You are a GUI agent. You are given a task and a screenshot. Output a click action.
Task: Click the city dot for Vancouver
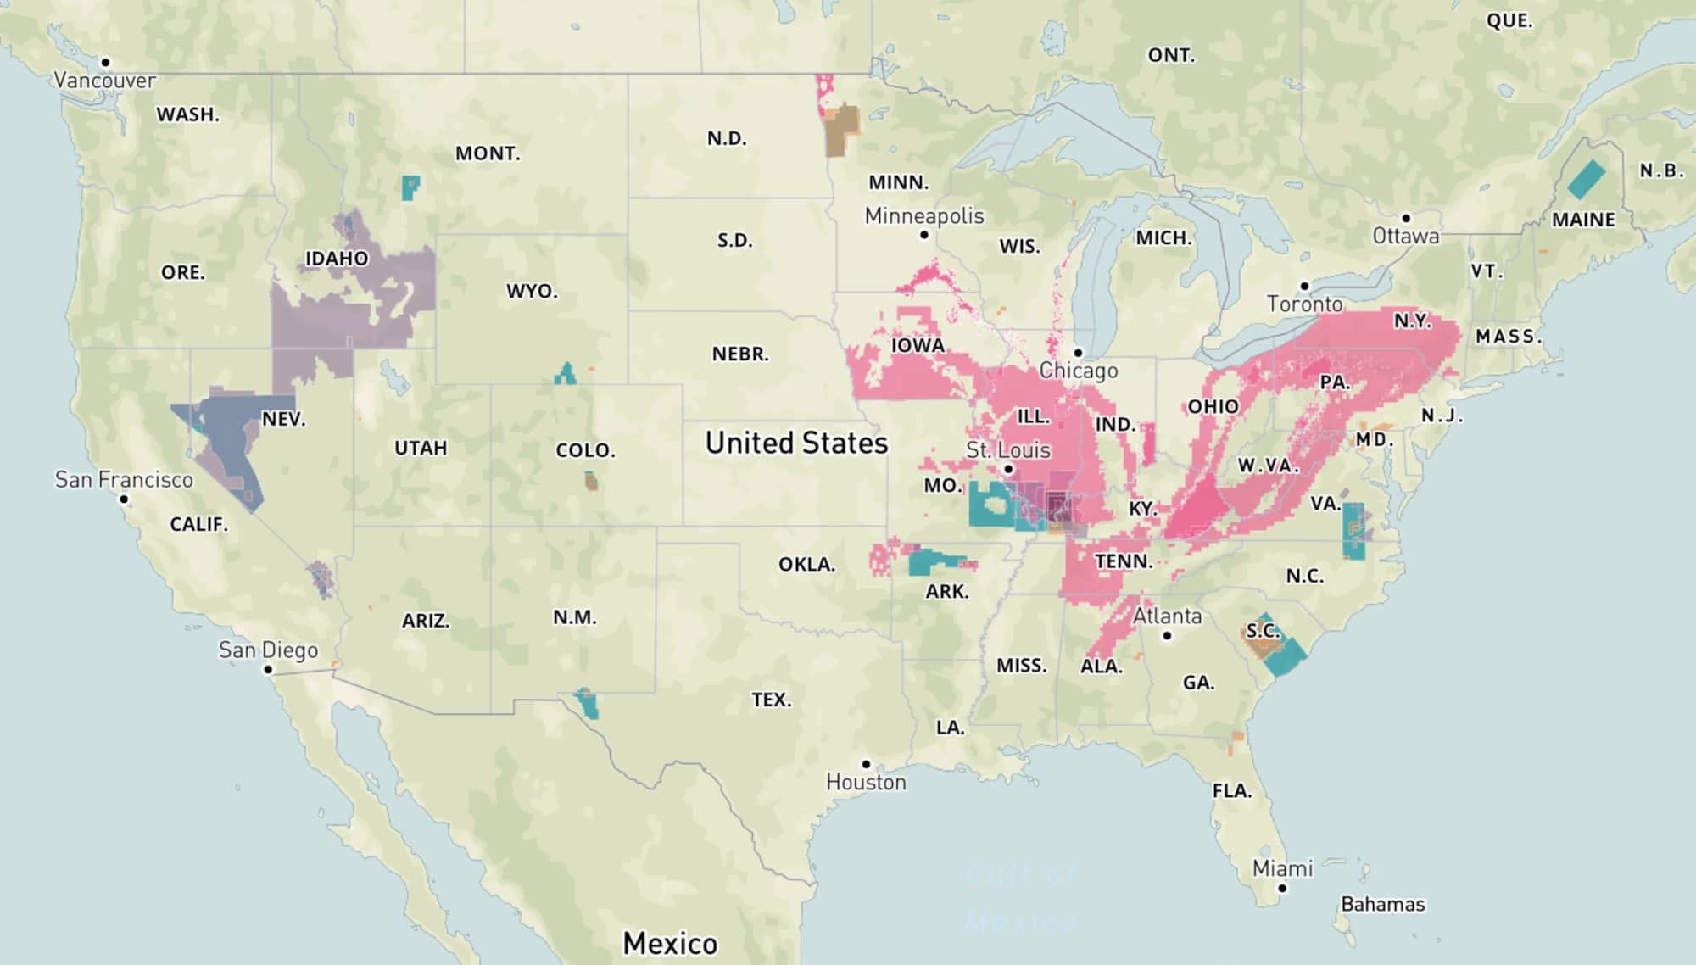(105, 62)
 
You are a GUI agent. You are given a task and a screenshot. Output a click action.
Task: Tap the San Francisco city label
(124, 480)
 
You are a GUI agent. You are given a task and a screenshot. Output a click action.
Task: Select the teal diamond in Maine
(1586, 180)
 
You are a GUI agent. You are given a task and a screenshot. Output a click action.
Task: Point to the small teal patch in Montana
(410, 187)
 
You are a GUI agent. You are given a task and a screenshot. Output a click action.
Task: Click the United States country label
(796, 443)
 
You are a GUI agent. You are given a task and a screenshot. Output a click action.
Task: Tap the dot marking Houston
(866, 764)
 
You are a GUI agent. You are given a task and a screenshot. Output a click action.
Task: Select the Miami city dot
(1282, 889)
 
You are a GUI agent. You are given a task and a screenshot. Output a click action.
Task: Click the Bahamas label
(1382, 904)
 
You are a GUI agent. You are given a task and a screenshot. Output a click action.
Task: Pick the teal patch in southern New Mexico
(588, 704)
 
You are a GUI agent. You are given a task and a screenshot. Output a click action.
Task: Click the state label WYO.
(532, 291)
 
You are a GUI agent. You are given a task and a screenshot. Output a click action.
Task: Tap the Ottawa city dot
(1405, 218)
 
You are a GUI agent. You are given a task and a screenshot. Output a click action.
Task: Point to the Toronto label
(1304, 304)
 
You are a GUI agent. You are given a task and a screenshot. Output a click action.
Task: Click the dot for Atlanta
(1167, 635)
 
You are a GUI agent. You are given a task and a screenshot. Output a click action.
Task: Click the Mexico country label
(670, 943)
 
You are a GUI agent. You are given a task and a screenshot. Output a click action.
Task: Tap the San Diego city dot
(268, 669)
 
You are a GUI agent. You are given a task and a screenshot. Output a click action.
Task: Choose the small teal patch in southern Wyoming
(565, 375)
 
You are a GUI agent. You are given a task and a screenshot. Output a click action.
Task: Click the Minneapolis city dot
(924, 235)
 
